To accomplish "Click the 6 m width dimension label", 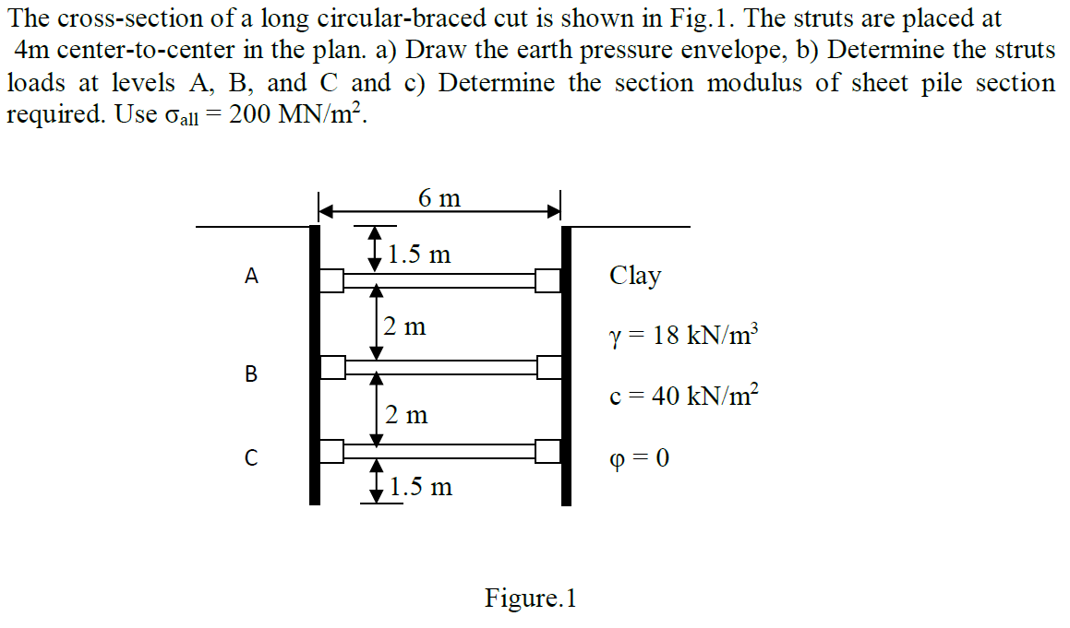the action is [439, 198].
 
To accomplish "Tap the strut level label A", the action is [250, 275].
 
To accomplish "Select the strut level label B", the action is [250, 373].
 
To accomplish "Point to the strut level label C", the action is [250, 456].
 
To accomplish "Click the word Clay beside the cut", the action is [635, 276].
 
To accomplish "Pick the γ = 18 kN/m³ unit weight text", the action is [684, 334].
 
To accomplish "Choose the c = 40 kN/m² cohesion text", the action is [684, 397].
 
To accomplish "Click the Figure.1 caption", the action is [531, 598].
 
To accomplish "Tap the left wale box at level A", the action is [331, 279].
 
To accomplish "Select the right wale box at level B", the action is [549, 368].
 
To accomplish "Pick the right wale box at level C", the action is [549, 451].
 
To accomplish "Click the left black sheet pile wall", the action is [314, 364].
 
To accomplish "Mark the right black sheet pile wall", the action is [567, 364].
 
